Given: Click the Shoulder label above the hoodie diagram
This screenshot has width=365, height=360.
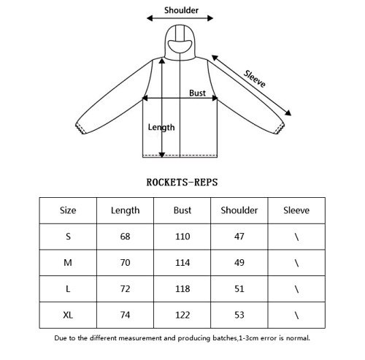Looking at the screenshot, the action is click(181, 10).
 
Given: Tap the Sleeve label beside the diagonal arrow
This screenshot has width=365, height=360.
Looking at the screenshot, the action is click(255, 79).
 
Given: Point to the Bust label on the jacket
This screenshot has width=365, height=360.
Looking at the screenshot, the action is click(197, 93).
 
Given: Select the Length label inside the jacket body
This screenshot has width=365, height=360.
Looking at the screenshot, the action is click(161, 127).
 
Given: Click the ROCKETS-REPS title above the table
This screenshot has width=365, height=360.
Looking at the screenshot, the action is click(182, 183).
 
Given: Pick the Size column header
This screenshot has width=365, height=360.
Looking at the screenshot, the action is click(68, 210).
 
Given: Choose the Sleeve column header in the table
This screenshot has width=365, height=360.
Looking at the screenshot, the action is click(296, 210).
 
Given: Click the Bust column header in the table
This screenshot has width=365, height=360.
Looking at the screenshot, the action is click(182, 210).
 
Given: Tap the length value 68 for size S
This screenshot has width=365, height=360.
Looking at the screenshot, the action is click(125, 237).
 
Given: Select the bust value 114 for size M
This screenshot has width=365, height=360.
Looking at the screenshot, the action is click(182, 263).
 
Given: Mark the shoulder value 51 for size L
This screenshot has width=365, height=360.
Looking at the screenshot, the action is click(239, 289).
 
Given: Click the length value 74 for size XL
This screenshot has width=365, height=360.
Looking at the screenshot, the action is click(125, 315).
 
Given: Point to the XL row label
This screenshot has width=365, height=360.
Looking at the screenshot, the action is click(68, 315).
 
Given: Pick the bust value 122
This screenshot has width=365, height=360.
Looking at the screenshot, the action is click(182, 315).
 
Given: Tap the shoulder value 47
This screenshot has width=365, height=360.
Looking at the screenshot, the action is click(239, 237).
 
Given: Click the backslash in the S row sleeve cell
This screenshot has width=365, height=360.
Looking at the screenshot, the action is click(296, 237).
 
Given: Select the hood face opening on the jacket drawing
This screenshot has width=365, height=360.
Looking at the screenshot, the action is click(180, 46).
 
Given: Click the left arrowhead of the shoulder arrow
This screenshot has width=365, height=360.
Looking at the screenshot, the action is click(150, 18).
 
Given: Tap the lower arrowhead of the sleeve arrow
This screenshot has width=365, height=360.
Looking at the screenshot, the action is click(288, 113).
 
